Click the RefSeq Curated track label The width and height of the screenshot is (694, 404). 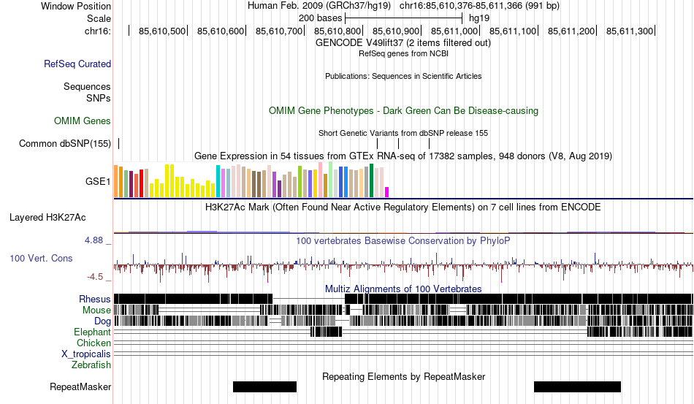(77, 64)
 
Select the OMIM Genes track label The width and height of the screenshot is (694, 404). (83, 121)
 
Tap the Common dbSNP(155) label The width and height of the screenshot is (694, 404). (64, 143)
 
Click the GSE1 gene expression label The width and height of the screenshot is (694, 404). (99, 181)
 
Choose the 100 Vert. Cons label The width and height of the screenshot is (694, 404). (41, 258)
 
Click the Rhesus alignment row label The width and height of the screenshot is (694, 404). (95, 299)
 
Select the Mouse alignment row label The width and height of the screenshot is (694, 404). (96, 310)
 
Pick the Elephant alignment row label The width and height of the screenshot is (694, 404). (93, 332)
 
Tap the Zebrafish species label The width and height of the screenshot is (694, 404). (91, 365)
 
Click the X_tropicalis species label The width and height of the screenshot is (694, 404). (86, 354)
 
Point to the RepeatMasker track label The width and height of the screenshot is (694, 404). (80, 387)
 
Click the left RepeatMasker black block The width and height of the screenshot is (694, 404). (264, 386)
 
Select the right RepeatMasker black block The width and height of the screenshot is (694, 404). (577, 386)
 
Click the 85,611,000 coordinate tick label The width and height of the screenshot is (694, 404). (454, 31)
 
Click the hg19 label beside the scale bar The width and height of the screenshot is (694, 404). (479, 18)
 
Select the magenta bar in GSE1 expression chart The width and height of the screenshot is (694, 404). (387, 191)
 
